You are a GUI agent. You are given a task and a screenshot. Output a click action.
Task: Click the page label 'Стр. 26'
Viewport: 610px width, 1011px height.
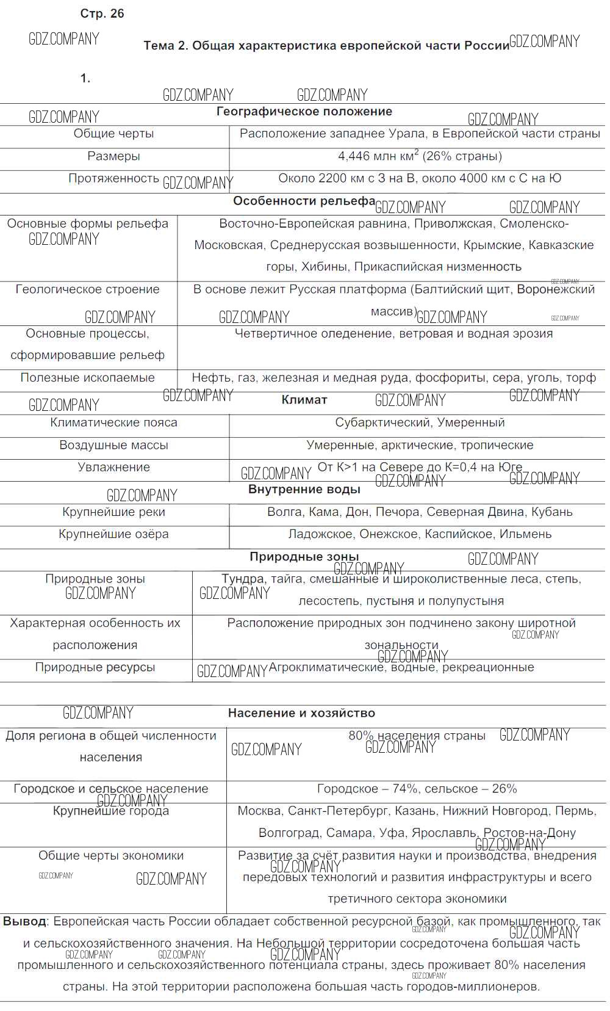click(x=102, y=13)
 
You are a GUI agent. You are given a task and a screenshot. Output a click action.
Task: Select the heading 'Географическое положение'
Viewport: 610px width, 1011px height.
click(x=304, y=112)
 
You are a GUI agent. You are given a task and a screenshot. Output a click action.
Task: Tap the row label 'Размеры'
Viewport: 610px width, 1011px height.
click(x=113, y=156)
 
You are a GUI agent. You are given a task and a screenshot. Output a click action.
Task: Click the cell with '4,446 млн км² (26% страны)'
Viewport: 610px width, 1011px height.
click(x=420, y=156)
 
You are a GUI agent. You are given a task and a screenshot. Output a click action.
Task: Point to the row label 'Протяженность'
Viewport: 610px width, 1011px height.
click(x=113, y=178)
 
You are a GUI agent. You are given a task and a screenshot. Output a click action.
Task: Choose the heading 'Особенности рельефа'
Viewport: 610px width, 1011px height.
click(x=304, y=201)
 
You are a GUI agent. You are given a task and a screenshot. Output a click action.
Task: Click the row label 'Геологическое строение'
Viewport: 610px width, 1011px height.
click(x=88, y=289)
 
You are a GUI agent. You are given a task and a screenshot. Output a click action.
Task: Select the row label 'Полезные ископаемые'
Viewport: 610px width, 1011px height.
click(x=88, y=378)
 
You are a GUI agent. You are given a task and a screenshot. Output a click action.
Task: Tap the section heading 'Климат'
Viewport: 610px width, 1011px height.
click(x=304, y=400)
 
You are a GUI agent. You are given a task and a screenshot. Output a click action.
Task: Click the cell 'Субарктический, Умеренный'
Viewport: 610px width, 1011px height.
click(x=420, y=422)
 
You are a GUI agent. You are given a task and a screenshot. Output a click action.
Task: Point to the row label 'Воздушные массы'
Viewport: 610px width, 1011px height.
click(x=113, y=445)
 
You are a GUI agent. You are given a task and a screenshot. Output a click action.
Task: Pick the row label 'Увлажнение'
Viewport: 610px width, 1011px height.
click(x=113, y=467)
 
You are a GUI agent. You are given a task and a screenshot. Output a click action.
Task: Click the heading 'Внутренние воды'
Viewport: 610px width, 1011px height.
click(x=304, y=490)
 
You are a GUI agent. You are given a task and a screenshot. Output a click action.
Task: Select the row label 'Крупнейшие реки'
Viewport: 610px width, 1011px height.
click(x=113, y=512)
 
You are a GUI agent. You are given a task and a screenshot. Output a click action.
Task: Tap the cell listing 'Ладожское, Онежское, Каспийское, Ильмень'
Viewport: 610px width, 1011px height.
click(x=420, y=534)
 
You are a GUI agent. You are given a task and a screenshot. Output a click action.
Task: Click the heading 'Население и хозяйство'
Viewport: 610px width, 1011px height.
click(x=301, y=713)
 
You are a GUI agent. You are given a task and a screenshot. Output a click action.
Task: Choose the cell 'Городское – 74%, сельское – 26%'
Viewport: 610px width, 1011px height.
click(x=417, y=789)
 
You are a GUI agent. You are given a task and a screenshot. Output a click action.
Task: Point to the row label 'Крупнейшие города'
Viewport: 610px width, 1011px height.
click(x=111, y=811)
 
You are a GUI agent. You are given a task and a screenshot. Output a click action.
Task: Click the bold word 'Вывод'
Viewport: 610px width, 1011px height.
click(x=25, y=921)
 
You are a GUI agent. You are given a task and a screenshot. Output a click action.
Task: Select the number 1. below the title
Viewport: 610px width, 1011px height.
click(x=85, y=78)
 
